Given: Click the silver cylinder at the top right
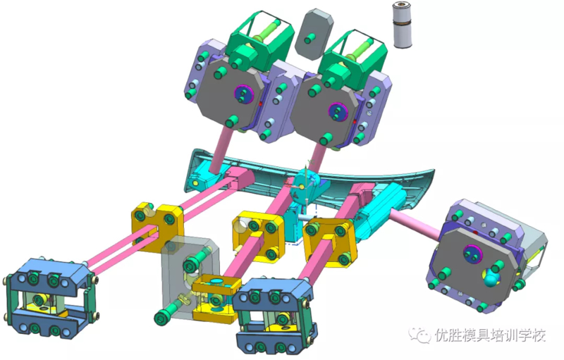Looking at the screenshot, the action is (402, 25).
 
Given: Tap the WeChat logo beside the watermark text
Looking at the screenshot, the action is (419, 335).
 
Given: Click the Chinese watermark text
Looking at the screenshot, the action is (491, 335).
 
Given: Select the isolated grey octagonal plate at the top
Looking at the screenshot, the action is (314, 34).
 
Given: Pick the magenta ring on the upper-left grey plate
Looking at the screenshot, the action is (243, 94).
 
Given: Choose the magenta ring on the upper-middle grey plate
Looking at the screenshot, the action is (338, 112).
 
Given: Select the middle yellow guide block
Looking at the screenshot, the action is (257, 235).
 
